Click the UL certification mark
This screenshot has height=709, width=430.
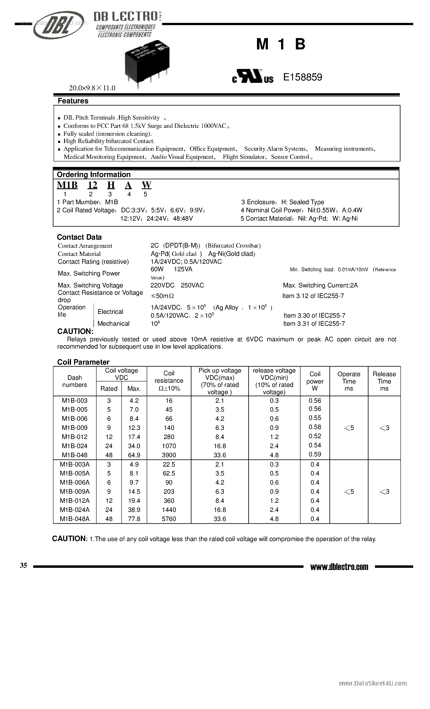pyautogui.click(x=253, y=77)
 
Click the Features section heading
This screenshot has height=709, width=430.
pyautogui.click(x=73, y=101)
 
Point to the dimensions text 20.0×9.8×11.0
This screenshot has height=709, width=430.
pyautogui.click(x=92, y=88)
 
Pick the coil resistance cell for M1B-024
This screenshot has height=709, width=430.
pyautogui.click(x=169, y=446)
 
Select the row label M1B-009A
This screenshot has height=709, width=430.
pyautogui.click(x=75, y=491)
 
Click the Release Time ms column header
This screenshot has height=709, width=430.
pyautogui.click(x=384, y=381)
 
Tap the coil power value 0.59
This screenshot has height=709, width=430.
pyautogui.click(x=315, y=454)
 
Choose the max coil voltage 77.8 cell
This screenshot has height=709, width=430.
pyautogui.click(x=134, y=519)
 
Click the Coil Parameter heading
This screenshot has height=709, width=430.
pyautogui.click(x=83, y=362)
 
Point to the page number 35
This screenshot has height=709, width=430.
pyautogui.click(x=23, y=565)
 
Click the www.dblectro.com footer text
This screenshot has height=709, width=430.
pyautogui.click(x=339, y=567)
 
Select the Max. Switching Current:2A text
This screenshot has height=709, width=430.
pyautogui.click(x=320, y=285)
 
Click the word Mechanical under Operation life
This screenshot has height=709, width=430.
pyautogui.click(x=113, y=324)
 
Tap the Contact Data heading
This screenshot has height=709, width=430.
pyautogui.click(x=79, y=237)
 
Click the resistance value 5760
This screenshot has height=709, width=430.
pyautogui.click(x=169, y=519)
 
